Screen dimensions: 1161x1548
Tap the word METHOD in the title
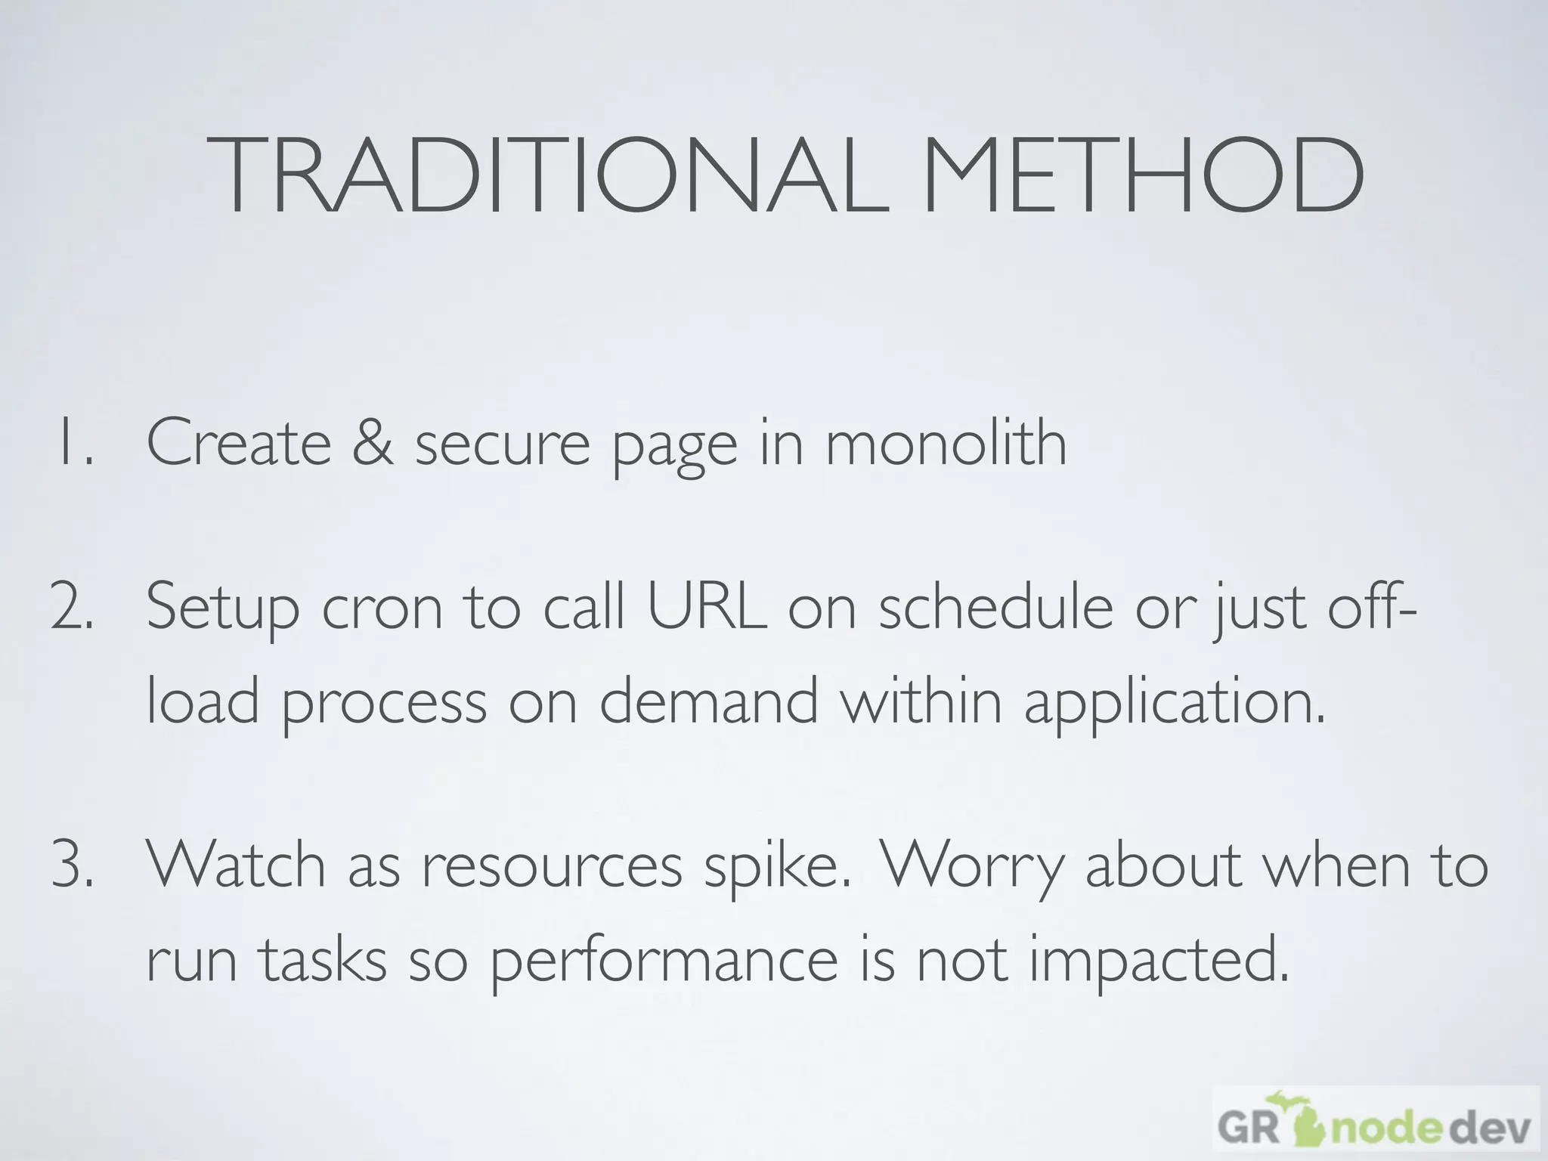(x=1142, y=177)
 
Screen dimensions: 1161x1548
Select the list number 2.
(x=73, y=608)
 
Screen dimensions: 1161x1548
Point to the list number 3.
(x=73, y=866)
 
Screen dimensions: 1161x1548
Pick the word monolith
(x=946, y=443)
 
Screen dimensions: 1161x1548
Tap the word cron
(x=382, y=609)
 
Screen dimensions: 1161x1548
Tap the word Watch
(x=235, y=865)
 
